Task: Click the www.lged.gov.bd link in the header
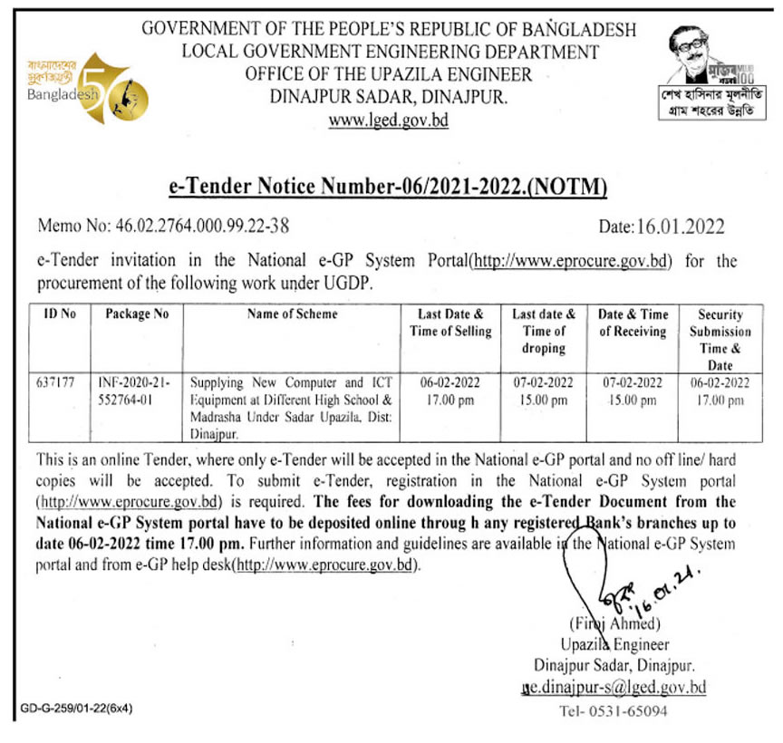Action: coord(389,121)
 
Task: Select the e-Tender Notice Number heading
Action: coord(389,187)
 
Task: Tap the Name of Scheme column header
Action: coord(292,314)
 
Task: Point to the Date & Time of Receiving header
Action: coord(633,323)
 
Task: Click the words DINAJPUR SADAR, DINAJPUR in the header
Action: coord(390,96)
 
